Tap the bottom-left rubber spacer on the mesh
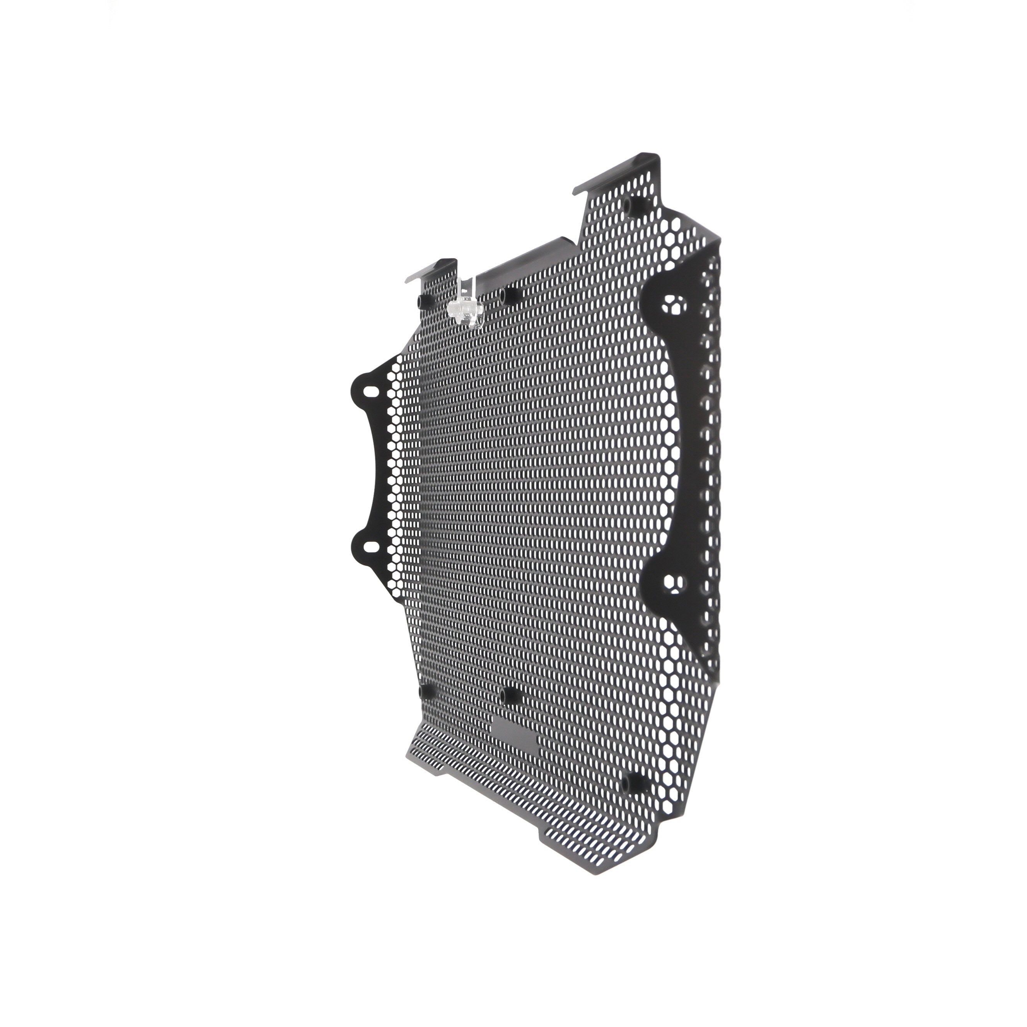(x=426, y=692)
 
